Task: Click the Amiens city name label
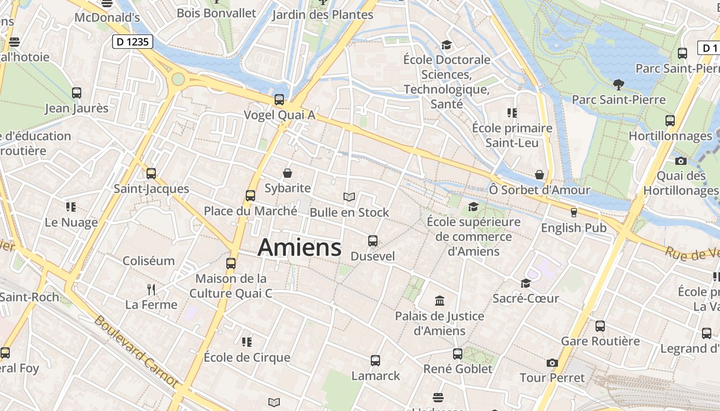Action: coord(299,248)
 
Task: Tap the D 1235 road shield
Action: coord(133,42)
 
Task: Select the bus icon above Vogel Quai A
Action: coord(279,100)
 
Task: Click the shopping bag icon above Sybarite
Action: coord(287,174)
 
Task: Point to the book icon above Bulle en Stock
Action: coord(349,197)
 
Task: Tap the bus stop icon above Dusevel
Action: coord(373,240)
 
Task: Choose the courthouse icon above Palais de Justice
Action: coord(440,301)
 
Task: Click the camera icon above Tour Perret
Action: coord(552,363)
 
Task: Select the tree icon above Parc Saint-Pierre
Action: coord(619,84)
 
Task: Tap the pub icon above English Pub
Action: coord(574,212)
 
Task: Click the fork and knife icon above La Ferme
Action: coord(151,290)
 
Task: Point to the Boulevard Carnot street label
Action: coord(137,352)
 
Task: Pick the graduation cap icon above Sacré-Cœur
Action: coord(526,283)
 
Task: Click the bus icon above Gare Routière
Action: coord(600,326)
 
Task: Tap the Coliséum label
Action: coord(149,260)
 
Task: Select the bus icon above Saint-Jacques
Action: coord(151,174)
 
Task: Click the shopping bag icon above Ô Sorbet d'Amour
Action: coord(539,175)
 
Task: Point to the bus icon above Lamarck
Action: coord(375,361)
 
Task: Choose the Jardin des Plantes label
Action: coord(322,14)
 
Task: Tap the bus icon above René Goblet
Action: coord(458,353)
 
